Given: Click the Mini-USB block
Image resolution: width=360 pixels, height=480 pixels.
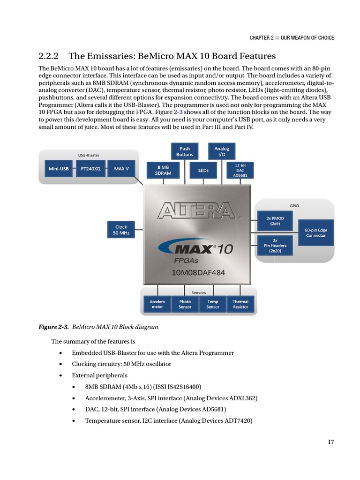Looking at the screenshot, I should click(x=59, y=168).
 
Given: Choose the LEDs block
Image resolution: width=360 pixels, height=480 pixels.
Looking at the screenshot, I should click(x=203, y=170).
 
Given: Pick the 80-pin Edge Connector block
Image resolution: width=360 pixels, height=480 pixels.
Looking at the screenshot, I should click(x=316, y=233).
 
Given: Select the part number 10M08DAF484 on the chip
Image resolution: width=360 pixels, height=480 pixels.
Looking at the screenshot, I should click(x=197, y=274).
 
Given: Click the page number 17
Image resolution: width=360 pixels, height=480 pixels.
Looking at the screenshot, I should click(x=331, y=442).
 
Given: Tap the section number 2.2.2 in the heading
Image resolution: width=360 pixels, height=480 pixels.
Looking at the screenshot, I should click(x=48, y=56).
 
